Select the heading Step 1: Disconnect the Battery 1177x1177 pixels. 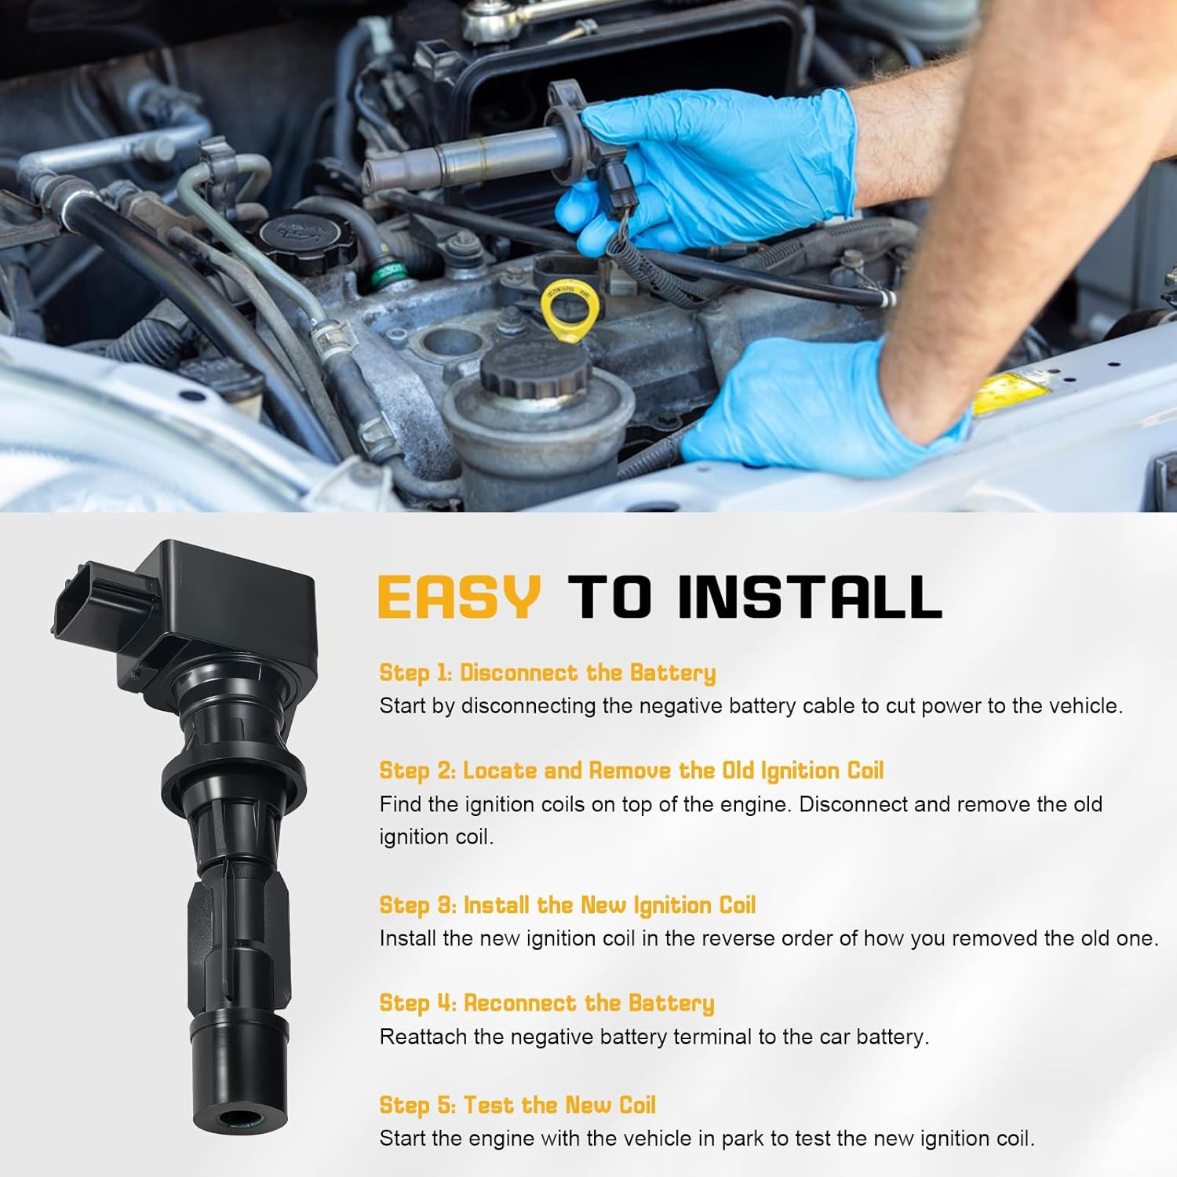(547, 673)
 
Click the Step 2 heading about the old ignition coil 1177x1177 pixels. (631, 771)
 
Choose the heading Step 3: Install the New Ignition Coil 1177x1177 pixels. (567, 906)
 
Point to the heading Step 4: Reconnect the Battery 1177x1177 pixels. (546, 1004)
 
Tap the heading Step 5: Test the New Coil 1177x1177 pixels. (517, 1106)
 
